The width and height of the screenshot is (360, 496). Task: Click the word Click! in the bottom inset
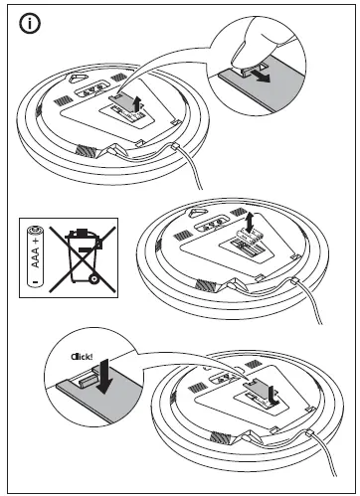(82, 355)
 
